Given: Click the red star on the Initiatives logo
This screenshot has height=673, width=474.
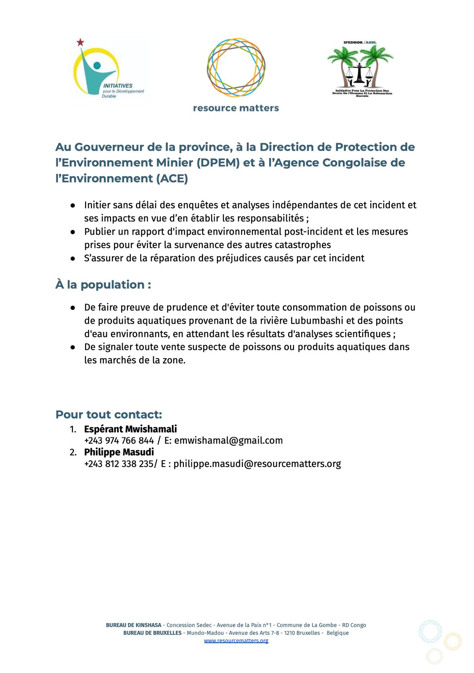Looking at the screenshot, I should [x=80, y=42].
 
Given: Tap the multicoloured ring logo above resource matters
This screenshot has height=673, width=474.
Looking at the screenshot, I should [x=236, y=67].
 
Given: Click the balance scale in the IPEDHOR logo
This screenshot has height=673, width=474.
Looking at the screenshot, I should [x=360, y=70].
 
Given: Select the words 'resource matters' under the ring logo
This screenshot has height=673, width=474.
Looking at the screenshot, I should [x=236, y=108].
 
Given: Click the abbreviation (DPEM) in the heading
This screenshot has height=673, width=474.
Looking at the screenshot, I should [x=217, y=163].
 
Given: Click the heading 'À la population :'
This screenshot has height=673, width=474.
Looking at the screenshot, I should [x=103, y=285].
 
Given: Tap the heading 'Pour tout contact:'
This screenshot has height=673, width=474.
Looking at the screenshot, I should [x=109, y=415].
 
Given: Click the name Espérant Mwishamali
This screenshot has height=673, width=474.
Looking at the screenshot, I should [x=130, y=429].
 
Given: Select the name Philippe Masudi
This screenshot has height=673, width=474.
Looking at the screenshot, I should [x=119, y=452].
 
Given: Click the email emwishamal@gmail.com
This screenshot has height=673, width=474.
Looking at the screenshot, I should [x=228, y=441].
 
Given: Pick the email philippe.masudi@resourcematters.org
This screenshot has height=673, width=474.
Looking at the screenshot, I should [x=257, y=464].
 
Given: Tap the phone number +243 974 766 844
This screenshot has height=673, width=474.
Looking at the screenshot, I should [x=119, y=441].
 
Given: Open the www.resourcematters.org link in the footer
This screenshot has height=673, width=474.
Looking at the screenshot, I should [x=236, y=640].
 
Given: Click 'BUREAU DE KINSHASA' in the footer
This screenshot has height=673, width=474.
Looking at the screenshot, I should [x=133, y=625].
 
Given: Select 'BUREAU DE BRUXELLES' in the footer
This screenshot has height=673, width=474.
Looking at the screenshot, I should [x=152, y=633].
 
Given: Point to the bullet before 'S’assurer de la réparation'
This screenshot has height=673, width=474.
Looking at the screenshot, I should [x=73, y=259].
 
